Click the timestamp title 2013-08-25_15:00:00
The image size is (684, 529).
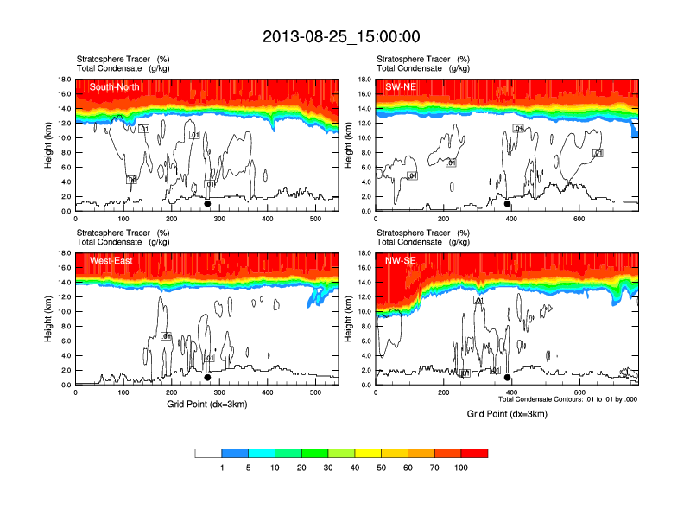click(341, 36)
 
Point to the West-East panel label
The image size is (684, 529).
click(111, 260)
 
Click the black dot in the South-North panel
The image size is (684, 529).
click(207, 205)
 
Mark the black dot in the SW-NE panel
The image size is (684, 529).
click(508, 205)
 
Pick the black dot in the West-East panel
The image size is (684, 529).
click(207, 378)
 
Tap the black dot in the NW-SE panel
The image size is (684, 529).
click(508, 378)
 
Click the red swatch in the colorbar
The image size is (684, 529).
click(474, 453)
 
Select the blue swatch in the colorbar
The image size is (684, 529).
click(235, 453)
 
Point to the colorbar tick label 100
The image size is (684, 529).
click(461, 468)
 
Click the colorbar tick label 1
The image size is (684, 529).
click(222, 468)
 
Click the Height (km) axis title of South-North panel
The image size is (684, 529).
click(49, 145)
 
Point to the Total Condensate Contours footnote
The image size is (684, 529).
click(568, 399)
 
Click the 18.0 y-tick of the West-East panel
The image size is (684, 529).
click(63, 253)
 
